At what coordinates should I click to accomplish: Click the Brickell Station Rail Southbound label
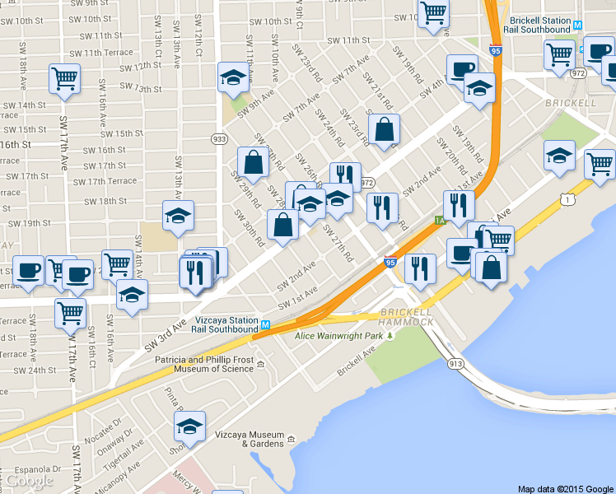click(x=540, y=24)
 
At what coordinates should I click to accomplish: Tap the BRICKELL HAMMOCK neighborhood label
click(x=408, y=317)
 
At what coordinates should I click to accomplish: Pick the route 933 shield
click(x=219, y=139)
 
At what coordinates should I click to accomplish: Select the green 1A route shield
click(x=440, y=220)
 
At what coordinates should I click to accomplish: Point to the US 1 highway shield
click(x=566, y=198)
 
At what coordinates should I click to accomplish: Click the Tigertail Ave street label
click(x=122, y=452)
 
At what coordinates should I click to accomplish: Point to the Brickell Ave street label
click(x=357, y=361)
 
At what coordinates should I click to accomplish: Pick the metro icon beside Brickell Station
click(x=579, y=25)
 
